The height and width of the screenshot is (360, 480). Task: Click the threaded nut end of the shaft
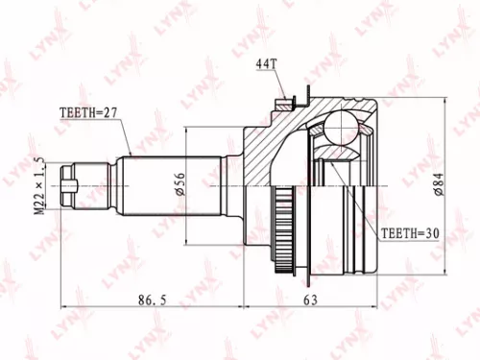(70, 180)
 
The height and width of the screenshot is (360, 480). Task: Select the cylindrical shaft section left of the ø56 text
(154, 180)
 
